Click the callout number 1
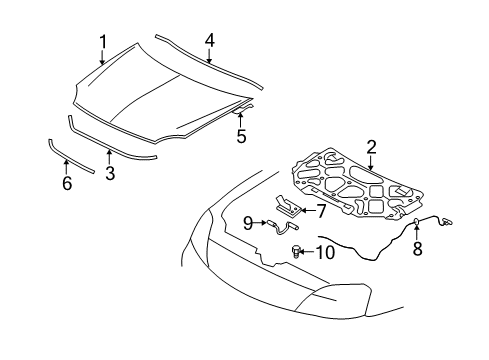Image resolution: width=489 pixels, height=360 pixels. pyautogui.click(x=103, y=42)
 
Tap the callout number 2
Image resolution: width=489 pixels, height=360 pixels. pyautogui.click(x=371, y=147)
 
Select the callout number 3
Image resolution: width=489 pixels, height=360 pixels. pyautogui.click(x=110, y=173)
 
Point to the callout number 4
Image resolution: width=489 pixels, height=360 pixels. pyautogui.click(x=209, y=41)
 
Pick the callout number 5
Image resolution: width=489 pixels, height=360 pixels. pyautogui.click(x=241, y=136)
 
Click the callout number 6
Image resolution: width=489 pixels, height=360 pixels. pyautogui.click(x=67, y=183)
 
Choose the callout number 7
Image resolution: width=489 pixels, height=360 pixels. pyautogui.click(x=321, y=211)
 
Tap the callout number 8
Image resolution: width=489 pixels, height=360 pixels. pyautogui.click(x=417, y=248)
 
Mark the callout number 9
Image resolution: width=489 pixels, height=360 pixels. pyautogui.click(x=248, y=223)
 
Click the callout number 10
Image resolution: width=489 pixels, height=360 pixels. pyautogui.click(x=325, y=252)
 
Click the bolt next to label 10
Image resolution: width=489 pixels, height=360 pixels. pyautogui.click(x=296, y=251)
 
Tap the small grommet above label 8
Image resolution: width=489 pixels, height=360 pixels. pyautogui.click(x=417, y=221)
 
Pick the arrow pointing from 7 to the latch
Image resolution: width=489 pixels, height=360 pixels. pyautogui.click(x=308, y=211)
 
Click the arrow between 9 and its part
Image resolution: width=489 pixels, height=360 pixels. pyautogui.click(x=259, y=223)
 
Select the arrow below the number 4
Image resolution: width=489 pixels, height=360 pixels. pyautogui.click(x=209, y=56)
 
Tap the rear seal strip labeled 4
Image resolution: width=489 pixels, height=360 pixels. pyautogui.click(x=209, y=62)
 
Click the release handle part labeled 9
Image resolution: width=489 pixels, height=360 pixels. pyautogui.click(x=282, y=227)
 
